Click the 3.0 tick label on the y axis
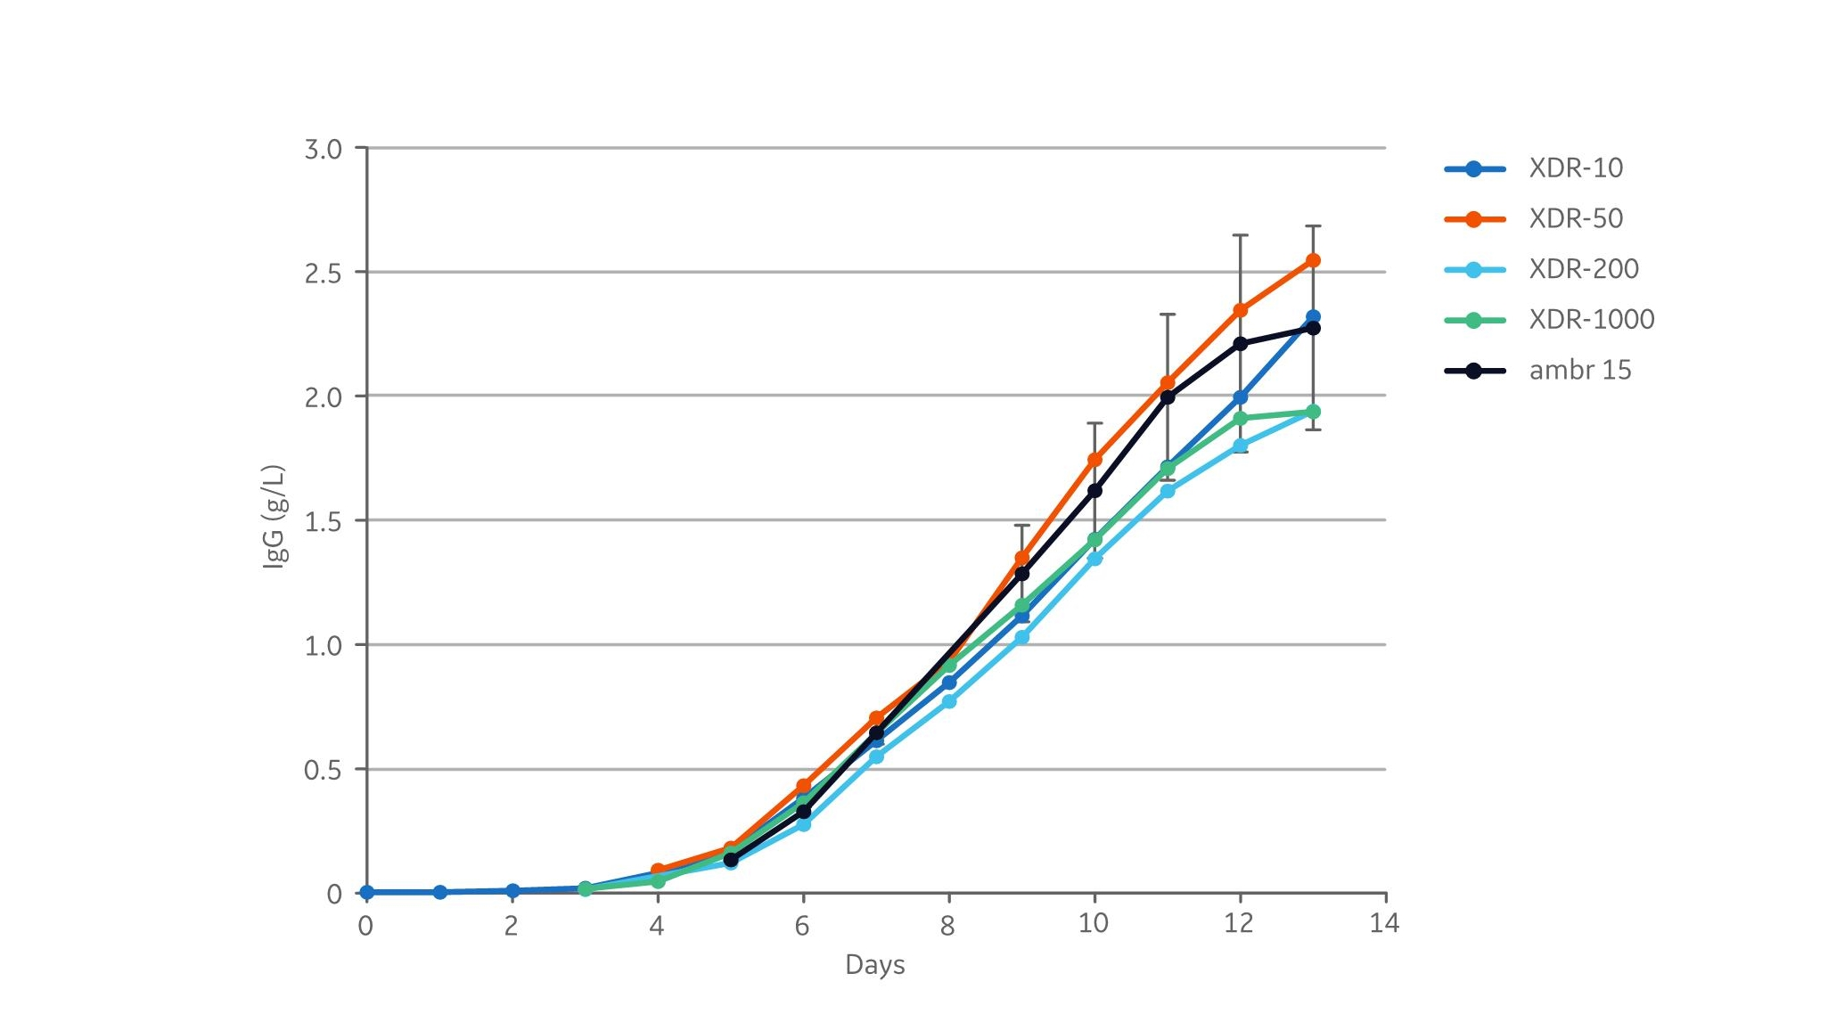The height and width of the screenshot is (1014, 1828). coord(323,149)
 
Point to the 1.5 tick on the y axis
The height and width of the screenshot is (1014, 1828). coord(323,521)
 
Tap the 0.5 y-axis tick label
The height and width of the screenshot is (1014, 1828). coord(323,770)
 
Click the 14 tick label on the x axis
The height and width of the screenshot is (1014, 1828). coord(1384,923)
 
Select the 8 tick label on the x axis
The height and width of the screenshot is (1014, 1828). coord(947,925)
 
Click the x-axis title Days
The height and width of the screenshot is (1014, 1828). coord(874,965)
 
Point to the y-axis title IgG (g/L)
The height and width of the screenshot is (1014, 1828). coord(275,516)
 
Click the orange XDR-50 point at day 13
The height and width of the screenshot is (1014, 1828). coord(1312,260)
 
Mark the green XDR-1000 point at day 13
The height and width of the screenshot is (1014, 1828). coord(1312,412)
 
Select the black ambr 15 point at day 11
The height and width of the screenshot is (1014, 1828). coord(1167,397)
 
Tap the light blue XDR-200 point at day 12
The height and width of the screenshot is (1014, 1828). coord(1240,446)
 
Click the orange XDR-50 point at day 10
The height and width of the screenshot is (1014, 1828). coord(1094,460)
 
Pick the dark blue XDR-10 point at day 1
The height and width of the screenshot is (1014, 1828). coord(439,892)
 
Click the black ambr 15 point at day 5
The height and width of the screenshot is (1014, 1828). coord(731,860)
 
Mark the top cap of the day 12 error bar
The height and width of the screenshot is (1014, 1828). coord(1240,235)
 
